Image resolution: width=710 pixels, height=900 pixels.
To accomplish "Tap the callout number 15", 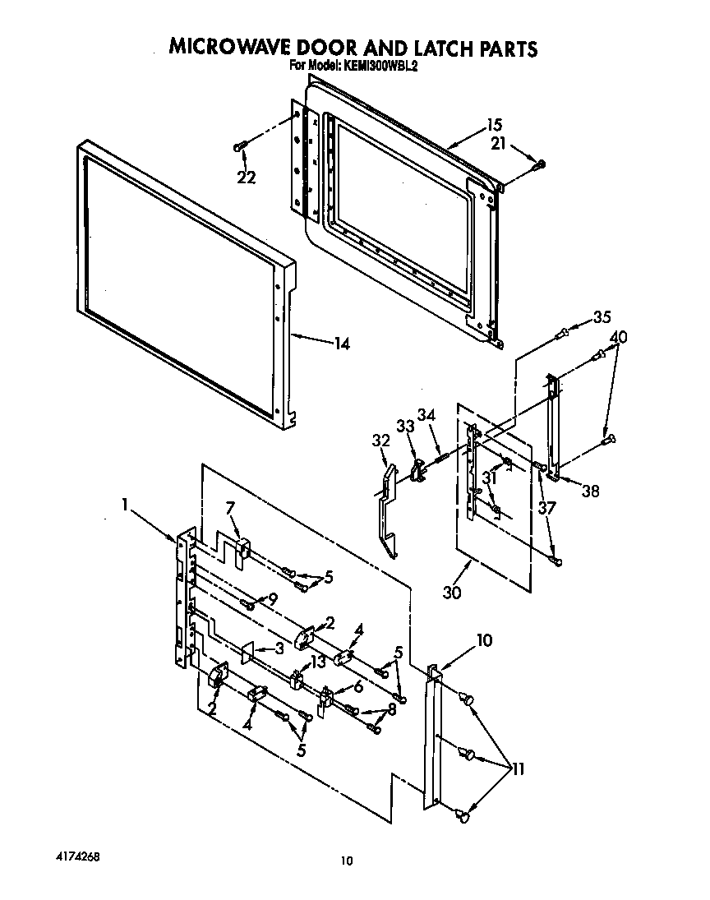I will (494, 126).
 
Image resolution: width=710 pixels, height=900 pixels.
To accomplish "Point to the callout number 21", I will (498, 145).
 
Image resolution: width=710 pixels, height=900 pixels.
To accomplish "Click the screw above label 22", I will (240, 147).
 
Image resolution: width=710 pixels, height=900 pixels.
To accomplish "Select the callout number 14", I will (340, 344).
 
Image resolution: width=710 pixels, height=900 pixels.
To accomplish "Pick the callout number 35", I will (602, 316).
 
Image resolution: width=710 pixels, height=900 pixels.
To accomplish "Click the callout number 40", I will (619, 337).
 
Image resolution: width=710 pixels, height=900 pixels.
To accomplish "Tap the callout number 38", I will (589, 492).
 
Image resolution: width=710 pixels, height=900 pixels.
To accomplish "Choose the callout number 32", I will (380, 441).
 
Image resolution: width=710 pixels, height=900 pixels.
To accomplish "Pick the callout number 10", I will (484, 639).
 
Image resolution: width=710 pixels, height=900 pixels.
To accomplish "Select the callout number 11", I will (518, 769).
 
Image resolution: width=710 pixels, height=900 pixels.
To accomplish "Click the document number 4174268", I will (78, 855).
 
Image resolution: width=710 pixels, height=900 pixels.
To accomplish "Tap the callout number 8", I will (393, 709).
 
